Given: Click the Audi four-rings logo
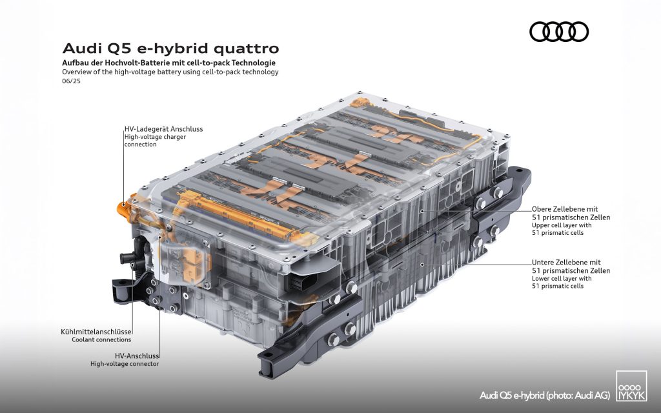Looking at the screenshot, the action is (x=558, y=32).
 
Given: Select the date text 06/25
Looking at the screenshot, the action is (x=71, y=81).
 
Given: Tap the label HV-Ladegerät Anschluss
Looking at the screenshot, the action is (x=163, y=129).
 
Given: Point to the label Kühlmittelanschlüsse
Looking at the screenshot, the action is (x=96, y=332).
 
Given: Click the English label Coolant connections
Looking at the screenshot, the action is (x=101, y=339).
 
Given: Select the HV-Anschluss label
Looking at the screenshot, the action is (x=137, y=356).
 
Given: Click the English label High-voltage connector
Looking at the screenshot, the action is (x=125, y=364).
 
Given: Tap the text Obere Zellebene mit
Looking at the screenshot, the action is (x=565, y=209).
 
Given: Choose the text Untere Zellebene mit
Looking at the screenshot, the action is (x=566, y=262).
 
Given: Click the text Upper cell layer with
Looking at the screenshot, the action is (x=562, y=225).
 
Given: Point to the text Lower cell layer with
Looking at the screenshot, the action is (x=562, y=279).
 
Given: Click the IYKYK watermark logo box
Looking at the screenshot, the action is (x=631, y=386).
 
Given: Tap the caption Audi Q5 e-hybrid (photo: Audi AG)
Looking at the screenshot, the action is (x=545, y=396).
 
